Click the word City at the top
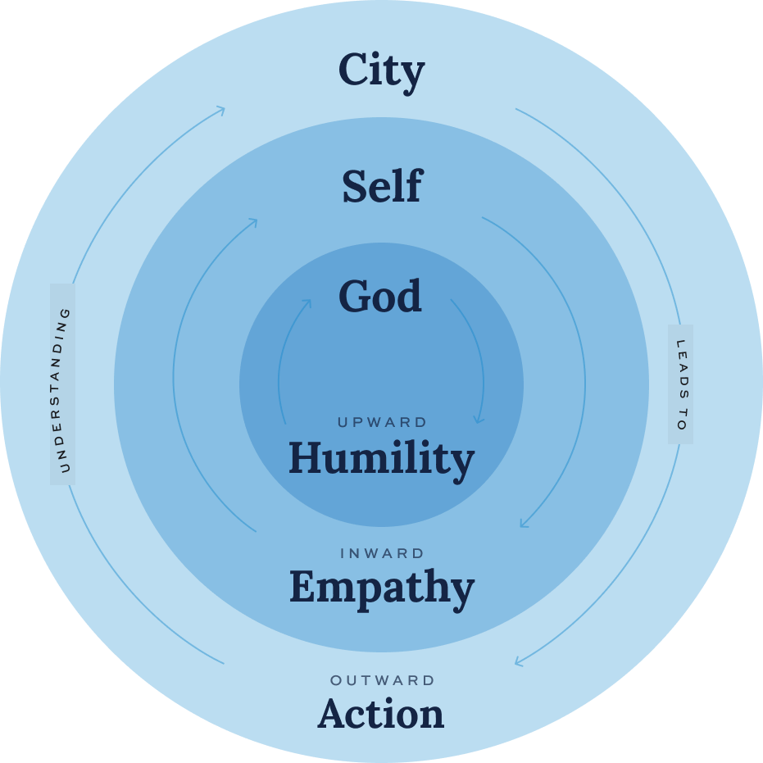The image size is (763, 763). click(381, 70)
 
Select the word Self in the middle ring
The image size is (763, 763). click(381, 187)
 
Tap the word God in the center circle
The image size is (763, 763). click(380, 297)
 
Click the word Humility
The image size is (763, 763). click(381, 459)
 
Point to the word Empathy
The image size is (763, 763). click(381, 588)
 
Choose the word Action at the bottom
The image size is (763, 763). click(381, 713)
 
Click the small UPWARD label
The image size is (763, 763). click(383, 423)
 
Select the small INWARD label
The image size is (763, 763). click(383, 554)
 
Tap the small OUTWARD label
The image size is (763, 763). click(383, 680)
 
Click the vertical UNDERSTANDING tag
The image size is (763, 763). click(63, 384)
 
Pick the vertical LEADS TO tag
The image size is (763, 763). click(680, 384)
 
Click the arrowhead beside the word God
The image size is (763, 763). click(307, 303)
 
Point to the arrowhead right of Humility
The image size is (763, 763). click(479, 420)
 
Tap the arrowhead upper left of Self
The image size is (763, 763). click(252, 222)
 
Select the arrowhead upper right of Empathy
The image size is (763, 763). click(523, 524)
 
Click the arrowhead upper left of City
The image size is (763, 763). click(220, 110)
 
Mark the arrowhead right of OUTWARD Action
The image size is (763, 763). click(519, 661)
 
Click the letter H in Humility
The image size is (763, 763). click(305, 457)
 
